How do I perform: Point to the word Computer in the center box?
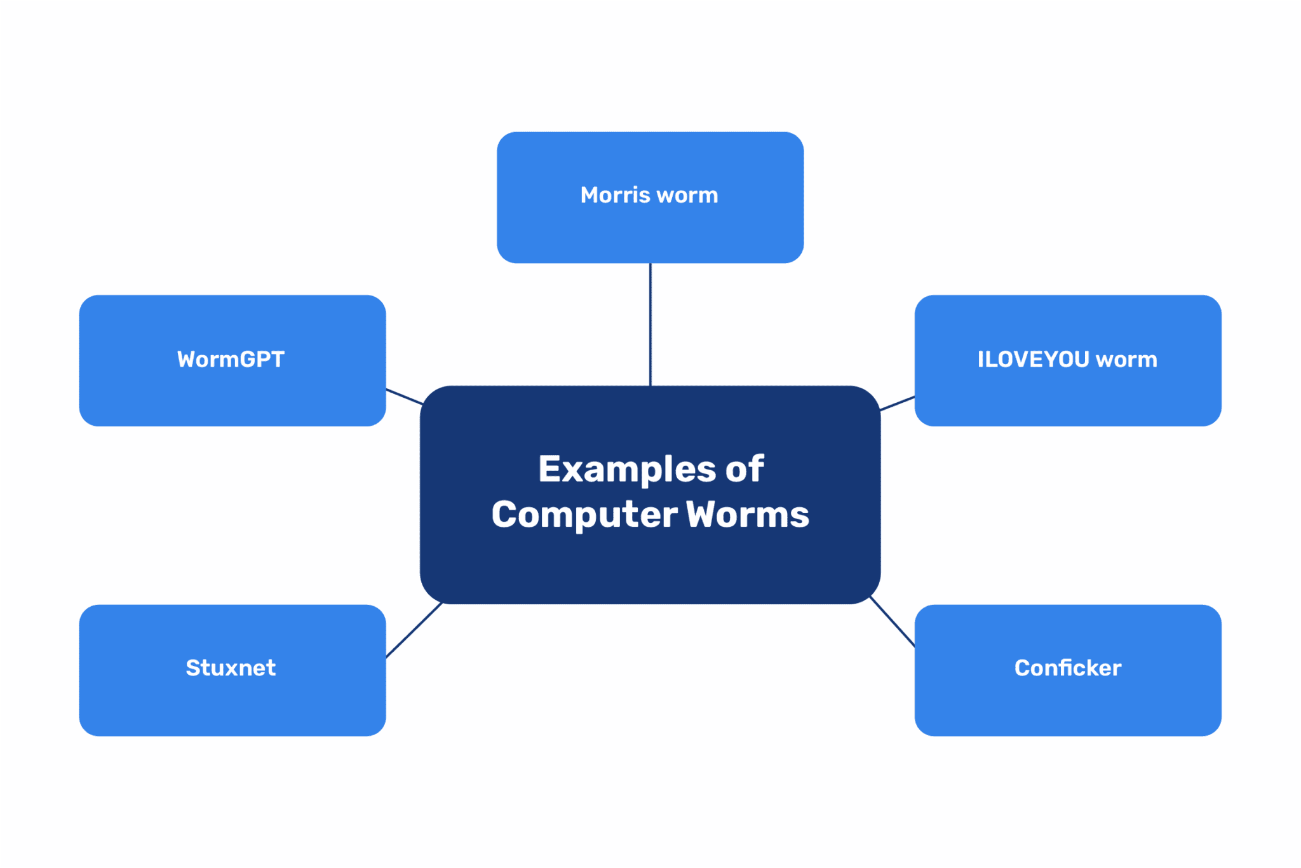(x=584, y=514)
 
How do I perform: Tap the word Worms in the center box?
(x=748, y=514)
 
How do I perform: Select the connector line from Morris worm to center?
(x=650, y=324)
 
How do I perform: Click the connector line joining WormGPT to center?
(x=405, y=397)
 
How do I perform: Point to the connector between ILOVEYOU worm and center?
(x=898, y=403)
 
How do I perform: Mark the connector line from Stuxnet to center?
(x=414, y=630)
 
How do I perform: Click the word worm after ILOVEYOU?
(x=1126, y=360)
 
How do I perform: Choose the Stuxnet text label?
(x=231, y=668)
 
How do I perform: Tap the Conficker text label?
(x=1068, y=668)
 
